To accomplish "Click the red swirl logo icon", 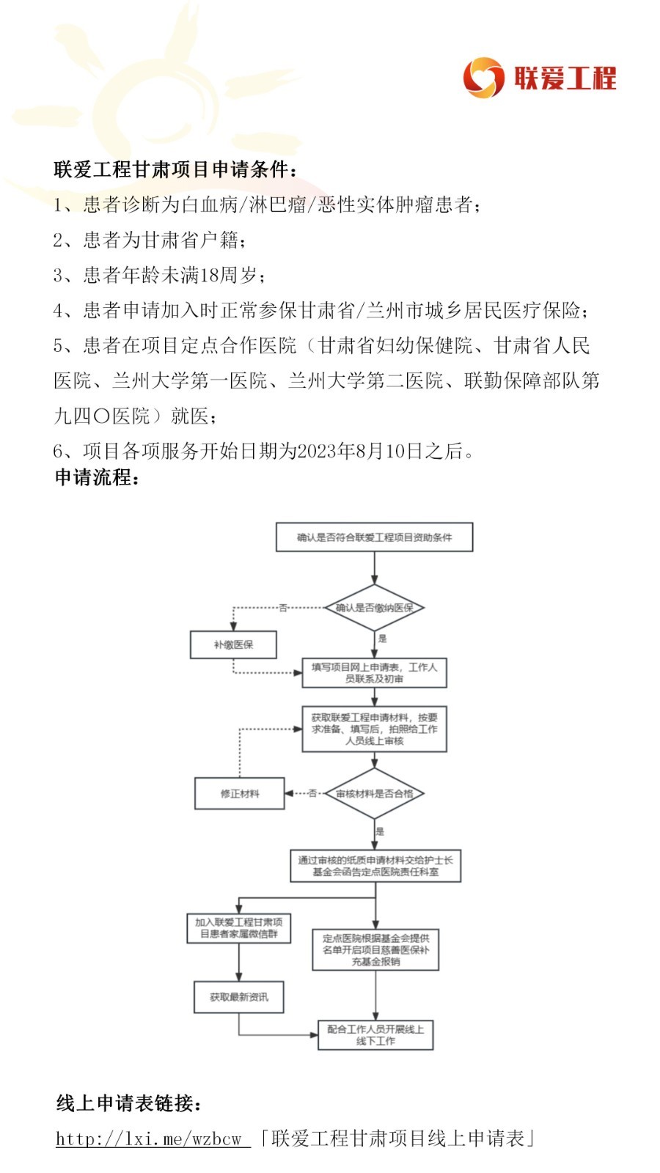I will (483, 78).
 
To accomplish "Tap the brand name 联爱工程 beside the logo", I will (565, 78).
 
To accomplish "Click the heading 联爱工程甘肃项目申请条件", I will (176, 169).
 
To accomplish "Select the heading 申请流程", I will (97, 478).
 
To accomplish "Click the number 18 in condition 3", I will (209, 275).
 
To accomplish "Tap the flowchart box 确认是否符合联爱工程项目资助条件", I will (374, 537).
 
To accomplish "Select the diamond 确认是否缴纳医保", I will (374, 608).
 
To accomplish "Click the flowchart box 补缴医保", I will (233, 645).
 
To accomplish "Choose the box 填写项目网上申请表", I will (374, 673).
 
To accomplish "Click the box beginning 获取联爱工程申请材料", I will (374, 729).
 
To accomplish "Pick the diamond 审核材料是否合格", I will (374, 793).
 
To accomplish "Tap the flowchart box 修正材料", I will (239, 793).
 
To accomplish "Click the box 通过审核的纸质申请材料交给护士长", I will (375, 866).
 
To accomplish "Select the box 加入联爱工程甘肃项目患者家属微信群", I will (238, 928).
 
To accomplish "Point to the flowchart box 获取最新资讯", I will (238, 997).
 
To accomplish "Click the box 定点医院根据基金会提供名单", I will (375, 950).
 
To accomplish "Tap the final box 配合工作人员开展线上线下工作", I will (375, 1035).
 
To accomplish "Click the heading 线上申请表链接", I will (129, 1103).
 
